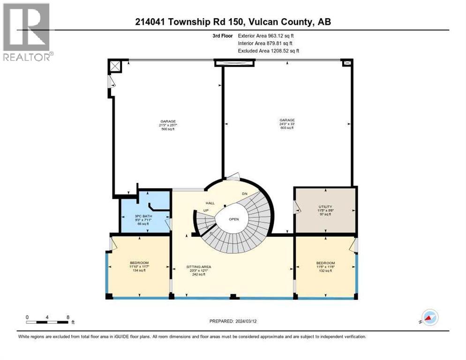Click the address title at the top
pyautogui.click(x=233, y=22)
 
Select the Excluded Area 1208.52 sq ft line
pyautogui.click(x=268, y=51)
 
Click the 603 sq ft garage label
pyautogui.click(x=287, y=124)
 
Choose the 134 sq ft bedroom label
pyautogui.click(x=139, y=266)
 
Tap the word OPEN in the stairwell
pyautogui.click(x=234, y=219)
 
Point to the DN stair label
pyautogui.click(x=244, y=194)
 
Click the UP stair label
pyautogui.click(x=205, y=210)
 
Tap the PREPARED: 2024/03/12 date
pyautogui.click(x=233, y=321)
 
